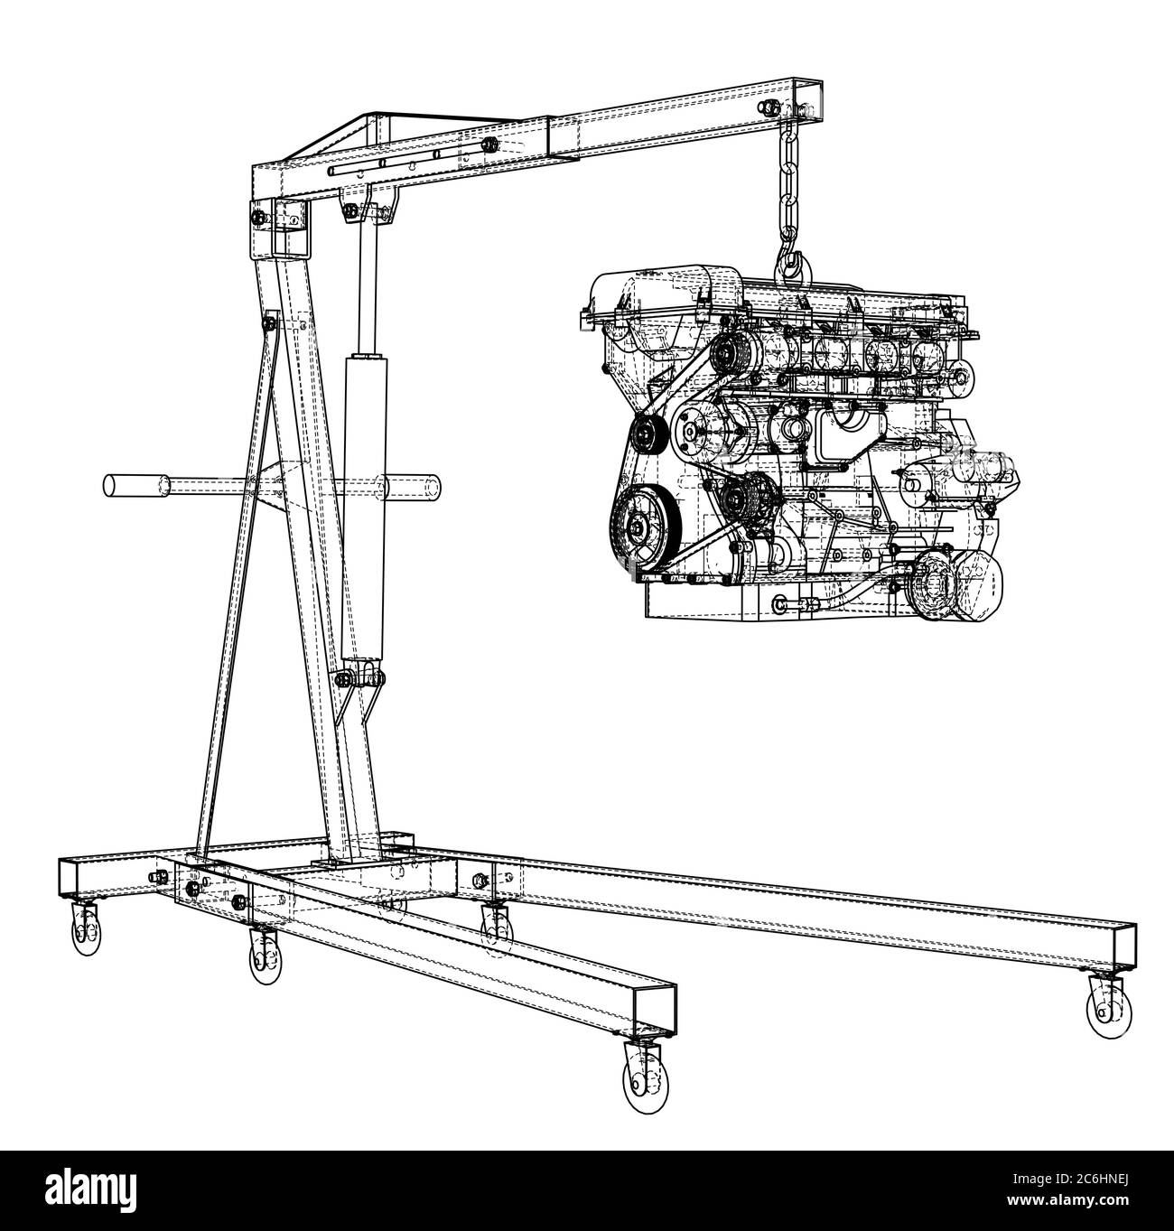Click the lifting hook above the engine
click(x=791, y=262)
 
